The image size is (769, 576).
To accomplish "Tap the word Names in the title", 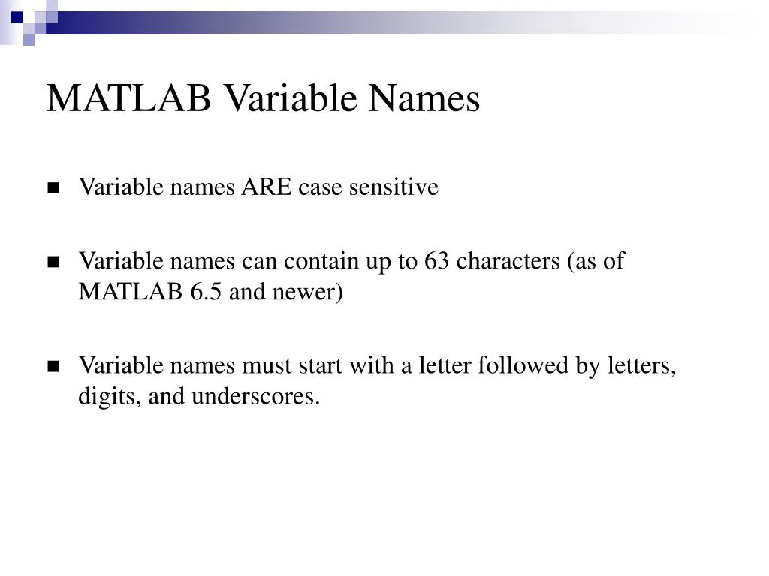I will tap(432, 99).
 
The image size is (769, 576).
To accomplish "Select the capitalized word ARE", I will tap(267, 187).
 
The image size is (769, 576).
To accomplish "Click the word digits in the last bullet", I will tap(110, 396).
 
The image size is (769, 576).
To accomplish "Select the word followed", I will tap(538, 366).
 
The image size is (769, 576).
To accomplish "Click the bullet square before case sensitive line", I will tap(53, 187).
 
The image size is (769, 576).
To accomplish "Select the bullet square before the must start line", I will tap(53, 367).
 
